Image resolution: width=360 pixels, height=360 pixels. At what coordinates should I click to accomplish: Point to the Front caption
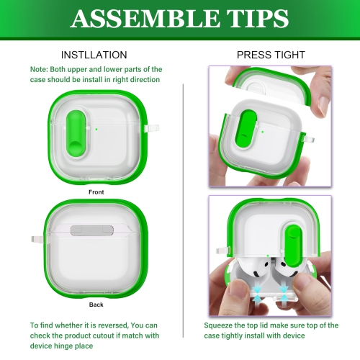96,192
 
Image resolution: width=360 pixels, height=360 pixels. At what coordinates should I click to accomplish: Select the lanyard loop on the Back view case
35,239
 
